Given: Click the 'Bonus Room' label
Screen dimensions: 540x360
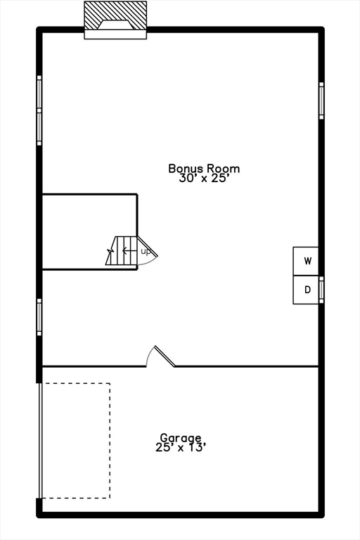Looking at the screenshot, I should [204, 168].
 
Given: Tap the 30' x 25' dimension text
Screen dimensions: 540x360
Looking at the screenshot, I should [204, 179].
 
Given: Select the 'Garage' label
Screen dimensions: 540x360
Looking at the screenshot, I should [181, 437].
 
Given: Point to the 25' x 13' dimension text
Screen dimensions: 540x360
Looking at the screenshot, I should [181, 446].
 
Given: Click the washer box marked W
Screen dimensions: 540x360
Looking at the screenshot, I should [307, 261].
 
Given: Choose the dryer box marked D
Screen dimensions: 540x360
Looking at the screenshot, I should [307, 290].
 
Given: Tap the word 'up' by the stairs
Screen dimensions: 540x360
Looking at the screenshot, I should [146, 251].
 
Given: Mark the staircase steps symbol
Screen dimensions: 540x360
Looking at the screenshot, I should [122, 252].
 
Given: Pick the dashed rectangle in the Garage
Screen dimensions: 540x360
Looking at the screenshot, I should [75, 441].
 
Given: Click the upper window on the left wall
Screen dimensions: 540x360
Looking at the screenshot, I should [39, 110].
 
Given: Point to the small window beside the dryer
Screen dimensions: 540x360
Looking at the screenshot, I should [321, 290].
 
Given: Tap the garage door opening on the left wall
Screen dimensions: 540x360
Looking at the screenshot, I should [39, 441].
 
